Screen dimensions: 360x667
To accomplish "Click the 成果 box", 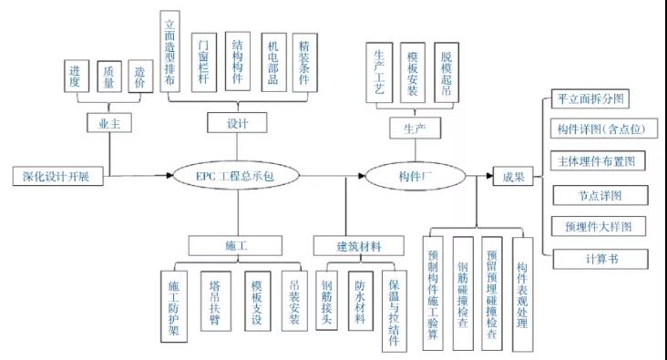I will point(514,177).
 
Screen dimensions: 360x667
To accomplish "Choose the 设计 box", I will point(237,121).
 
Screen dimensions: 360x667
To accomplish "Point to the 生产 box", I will point(414,129).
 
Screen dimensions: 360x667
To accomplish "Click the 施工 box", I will point(238,245).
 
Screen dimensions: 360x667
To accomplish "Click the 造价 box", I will point(142,77).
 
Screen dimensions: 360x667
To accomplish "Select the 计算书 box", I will point(601,259).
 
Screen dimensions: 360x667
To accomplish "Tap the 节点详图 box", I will point(601,195).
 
